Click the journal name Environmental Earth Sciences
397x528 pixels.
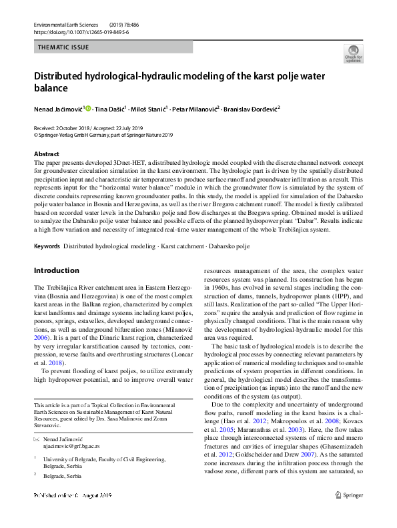66,24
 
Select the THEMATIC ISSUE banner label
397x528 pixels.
64,47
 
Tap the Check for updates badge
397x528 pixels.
353,54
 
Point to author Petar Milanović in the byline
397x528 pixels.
194,108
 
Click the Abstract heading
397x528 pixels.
46,154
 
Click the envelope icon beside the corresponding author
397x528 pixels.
37,439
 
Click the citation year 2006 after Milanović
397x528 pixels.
42,340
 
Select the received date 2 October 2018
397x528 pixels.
68,127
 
